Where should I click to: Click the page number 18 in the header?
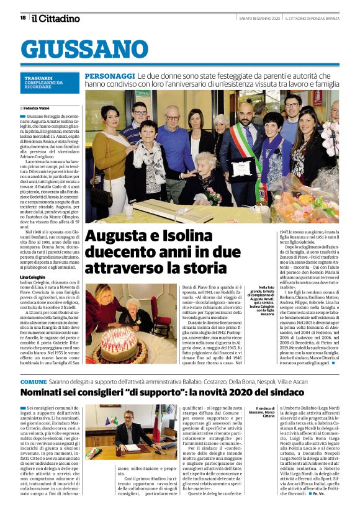[23, 18]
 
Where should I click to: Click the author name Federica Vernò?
[43, 107]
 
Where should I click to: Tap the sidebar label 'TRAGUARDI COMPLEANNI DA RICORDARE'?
[41, 83]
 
